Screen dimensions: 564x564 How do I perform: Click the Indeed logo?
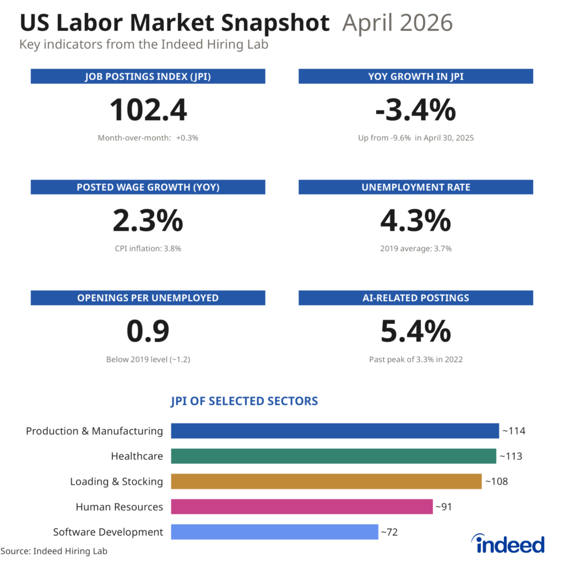pyautogui.click(x=508, y=543)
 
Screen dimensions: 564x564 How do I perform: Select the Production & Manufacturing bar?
pyautogui.click(x=335, y=431)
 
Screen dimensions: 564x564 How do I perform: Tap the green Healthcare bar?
pyautogui.click(x=333, y=456)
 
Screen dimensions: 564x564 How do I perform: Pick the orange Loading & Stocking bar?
pyautogui.click(x=326, y=481)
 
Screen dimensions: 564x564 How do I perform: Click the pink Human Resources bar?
pyautogui.click(x=302, y=507)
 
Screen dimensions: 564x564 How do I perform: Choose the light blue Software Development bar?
pyautogui.click(x=274, y=532)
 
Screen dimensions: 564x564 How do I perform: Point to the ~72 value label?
pyautogui.click(x=389, y=532)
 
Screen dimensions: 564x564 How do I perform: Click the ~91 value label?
pyautogui.click(x=443, y=507)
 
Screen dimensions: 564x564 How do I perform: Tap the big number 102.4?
pyautogui.click(x=148, y=110)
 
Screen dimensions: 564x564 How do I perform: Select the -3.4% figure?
pyautogui.click(x=415, y=110)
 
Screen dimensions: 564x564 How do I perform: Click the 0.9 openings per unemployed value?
pyautogui.click(x=148, y=331)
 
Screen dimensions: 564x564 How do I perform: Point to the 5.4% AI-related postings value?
pyautogui.click(x=415, y=331)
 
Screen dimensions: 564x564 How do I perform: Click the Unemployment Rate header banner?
pyautogui.click(x=416, y=187)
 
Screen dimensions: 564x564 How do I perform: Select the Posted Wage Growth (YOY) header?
pyautogui.click(x=148, y=187)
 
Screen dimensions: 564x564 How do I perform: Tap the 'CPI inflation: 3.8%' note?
pyautogui.click(x=148, y=248)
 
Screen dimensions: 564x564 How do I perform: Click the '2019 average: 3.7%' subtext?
pyautogui.click(x=416, y=248)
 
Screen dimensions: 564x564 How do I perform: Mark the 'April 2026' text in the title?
pyautogui.click(x=397, y=23)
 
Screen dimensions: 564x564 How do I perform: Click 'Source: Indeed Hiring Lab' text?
pyautogui.click(x=54, y=551)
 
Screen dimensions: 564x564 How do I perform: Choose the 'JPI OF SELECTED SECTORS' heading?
pyautogui.click(x=244, y=401)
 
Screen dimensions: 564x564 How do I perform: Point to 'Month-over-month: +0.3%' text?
pyautogui.click(x=148, y=138)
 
